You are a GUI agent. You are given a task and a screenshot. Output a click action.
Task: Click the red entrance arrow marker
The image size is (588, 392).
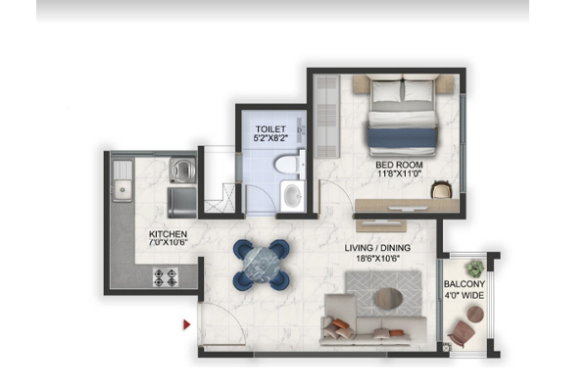(187, 324)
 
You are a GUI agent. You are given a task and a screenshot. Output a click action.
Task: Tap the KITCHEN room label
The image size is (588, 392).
(168, 234)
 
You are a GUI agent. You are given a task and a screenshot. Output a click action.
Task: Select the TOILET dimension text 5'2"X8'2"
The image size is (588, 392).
(270, 138)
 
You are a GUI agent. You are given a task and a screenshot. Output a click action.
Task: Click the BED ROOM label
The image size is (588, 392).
(399, 165)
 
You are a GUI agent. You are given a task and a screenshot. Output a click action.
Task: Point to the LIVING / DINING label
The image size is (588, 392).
(377, 248)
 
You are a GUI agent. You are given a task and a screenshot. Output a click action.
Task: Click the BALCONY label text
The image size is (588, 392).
(465, 284)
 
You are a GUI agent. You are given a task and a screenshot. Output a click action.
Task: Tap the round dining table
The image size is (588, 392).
(262, 265)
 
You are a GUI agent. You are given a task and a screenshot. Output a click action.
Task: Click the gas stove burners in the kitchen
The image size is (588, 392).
(166, 277)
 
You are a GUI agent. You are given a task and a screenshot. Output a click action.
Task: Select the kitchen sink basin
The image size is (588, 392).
(122, 189)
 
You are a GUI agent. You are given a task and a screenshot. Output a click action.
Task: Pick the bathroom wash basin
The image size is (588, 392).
(292, 196)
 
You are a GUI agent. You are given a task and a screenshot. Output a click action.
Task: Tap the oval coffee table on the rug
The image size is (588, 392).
(388, 299)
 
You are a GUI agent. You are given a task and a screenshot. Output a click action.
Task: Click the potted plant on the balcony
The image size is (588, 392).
(475, 269)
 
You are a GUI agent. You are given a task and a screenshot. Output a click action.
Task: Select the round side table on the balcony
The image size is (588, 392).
(475, 315)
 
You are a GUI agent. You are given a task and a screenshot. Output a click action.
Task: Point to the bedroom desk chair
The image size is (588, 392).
(441, 190)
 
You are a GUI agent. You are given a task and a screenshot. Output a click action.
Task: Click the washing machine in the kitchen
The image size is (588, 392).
(182, 170)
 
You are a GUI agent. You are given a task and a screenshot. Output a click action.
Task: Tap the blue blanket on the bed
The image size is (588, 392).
(402, 137)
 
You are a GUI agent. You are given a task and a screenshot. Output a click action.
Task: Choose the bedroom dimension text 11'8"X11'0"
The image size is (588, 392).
(400, 173)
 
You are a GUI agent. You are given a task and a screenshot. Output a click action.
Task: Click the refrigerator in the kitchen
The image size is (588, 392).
(182, 203)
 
